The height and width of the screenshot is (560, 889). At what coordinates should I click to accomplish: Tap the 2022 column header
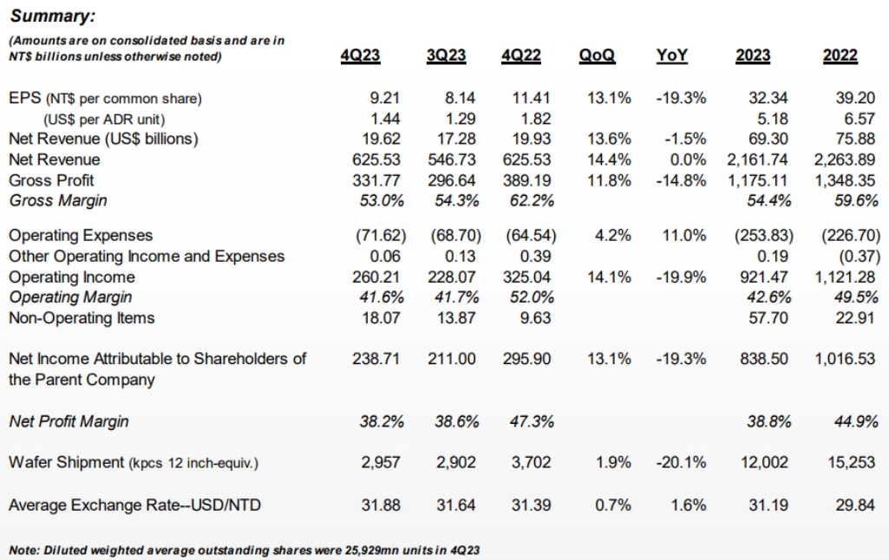pos(840,56)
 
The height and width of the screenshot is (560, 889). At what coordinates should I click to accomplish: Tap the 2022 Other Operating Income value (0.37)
pos(849,257)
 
